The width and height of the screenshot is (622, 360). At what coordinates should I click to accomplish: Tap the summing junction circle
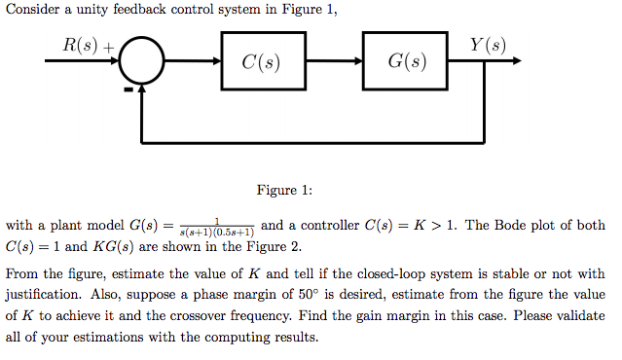click(x=143, y=62)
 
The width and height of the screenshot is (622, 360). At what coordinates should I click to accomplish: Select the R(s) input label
click(x=82, y=46)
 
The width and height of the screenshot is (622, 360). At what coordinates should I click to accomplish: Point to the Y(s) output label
click(x=488, y=46)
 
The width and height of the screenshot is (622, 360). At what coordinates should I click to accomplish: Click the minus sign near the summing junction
click(x=128, y=90)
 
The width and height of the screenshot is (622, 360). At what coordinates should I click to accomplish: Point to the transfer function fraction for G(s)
click(x=219, y=228)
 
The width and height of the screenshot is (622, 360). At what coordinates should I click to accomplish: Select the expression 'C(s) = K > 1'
click(x=396, y=226)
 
